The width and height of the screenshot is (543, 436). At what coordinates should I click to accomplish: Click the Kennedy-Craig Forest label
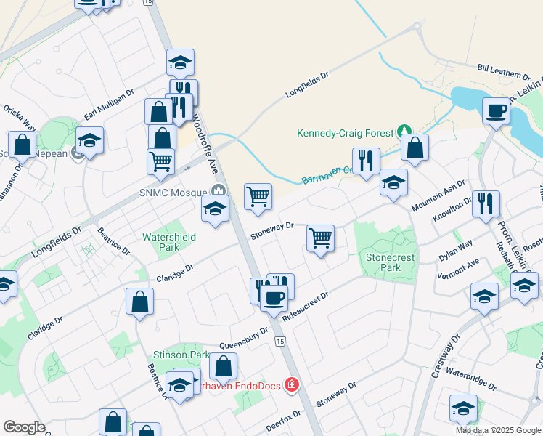[345, 133]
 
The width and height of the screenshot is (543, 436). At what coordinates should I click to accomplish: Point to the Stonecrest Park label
[383, 262]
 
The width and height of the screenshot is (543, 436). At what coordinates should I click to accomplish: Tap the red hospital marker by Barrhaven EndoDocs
[292, 384]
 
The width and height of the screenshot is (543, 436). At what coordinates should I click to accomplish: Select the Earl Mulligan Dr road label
[110, 105]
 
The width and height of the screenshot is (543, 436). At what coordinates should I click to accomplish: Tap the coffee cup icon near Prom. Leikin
[497, 111]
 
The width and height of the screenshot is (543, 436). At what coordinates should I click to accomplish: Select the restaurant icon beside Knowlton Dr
[486, 203]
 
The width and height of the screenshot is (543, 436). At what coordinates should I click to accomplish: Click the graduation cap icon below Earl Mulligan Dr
[90, 140]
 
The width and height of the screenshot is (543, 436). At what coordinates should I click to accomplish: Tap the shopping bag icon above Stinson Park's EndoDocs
[224, 366]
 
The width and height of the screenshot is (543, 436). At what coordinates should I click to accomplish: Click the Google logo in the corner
[25, 427]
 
